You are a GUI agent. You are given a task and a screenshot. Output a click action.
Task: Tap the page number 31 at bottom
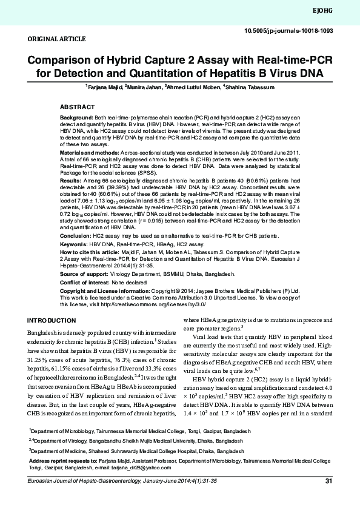pos(329,499)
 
